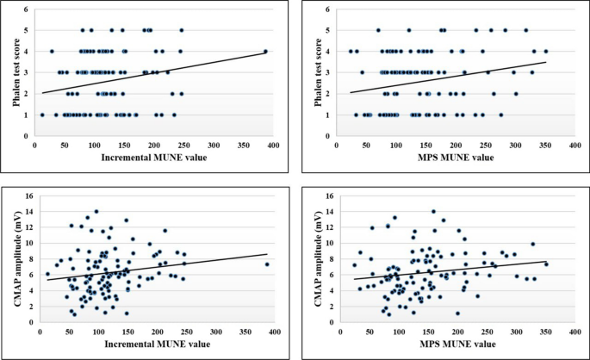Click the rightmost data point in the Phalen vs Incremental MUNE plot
coord(265,51)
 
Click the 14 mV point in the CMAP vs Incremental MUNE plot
coord(96,211)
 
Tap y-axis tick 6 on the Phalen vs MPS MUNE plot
coord(330,10)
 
